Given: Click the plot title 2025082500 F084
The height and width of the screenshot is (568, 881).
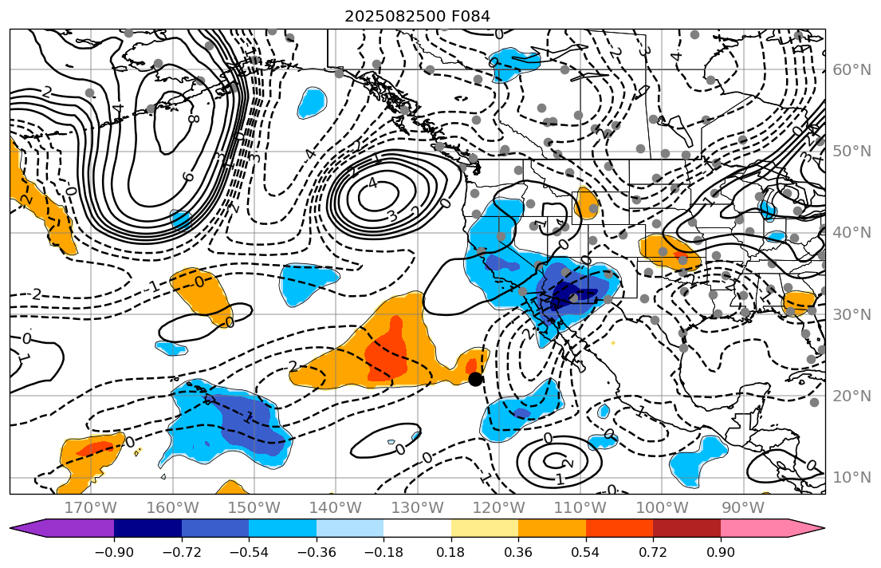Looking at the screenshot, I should click(417, 16).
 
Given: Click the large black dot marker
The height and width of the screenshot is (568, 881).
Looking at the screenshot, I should click(476, 379).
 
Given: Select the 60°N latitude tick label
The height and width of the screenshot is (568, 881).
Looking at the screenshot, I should click(851, 69).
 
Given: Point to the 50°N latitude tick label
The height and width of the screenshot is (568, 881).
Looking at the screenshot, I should click(851, 151).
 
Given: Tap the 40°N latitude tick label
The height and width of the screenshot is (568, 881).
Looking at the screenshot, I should click(851, 232).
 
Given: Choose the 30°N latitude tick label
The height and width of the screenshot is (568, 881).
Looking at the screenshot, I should click(851, 314).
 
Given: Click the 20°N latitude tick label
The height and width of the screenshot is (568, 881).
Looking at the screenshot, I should click(851, 396).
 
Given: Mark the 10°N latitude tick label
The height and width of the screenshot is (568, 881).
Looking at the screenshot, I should click(851, 477).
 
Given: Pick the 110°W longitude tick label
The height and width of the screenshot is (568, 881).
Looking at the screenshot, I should click(580, 508).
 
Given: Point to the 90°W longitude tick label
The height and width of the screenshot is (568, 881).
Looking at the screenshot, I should click(742, 508).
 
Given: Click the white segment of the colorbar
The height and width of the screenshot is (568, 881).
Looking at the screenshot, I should click(417, 528).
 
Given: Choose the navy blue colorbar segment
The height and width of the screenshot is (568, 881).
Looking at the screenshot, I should click(147, 528).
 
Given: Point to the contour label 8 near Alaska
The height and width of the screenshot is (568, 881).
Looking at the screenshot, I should click(193, 119).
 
